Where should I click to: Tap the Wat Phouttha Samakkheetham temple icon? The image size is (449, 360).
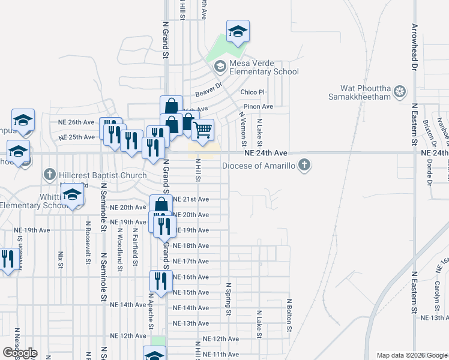pos(400,92)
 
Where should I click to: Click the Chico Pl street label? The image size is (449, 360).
pos(252,92)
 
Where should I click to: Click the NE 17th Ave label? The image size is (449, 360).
pos(191,262)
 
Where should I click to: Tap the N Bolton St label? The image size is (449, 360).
pos(289,315)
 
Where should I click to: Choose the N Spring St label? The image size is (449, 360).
pos(228,299)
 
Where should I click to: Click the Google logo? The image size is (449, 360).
pos(20,353)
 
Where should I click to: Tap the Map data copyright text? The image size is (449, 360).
pos(412,355)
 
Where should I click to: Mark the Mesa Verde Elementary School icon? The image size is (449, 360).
pos(220,66)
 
